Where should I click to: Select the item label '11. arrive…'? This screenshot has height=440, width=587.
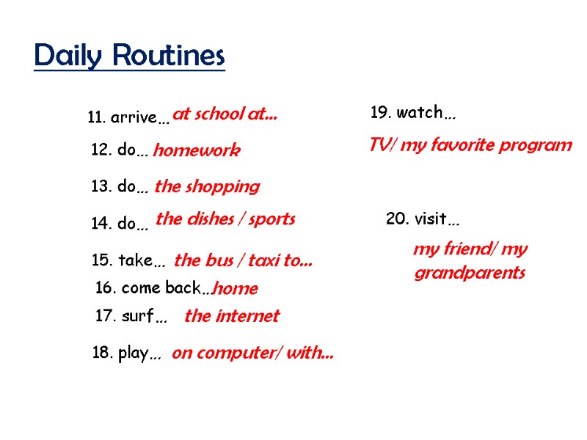coord(128,117)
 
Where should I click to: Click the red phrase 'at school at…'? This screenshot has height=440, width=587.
coord(225,114)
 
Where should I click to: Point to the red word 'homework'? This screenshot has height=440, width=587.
coord(196,151)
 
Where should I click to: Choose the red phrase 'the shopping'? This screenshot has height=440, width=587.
coord(207,187)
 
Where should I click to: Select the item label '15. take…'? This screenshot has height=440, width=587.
coord(128,260)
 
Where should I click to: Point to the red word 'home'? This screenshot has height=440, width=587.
coord(236,289)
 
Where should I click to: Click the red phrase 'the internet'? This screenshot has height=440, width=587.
coord(232,316)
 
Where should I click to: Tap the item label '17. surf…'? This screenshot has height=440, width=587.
coord(131,318)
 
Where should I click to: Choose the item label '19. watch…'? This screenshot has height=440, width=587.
coord(413,113)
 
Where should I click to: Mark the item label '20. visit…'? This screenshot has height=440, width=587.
coord(423,219)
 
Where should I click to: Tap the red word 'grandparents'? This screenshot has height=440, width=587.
coord(470,274)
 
